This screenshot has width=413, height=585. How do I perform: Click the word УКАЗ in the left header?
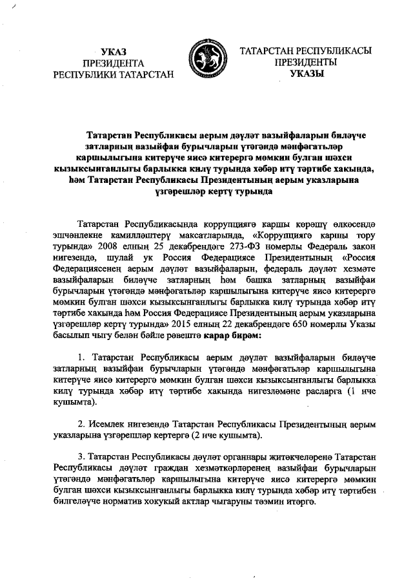pos(114,51)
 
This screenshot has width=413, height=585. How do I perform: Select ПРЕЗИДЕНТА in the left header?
pos(114,63)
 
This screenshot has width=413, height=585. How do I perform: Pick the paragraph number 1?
pos(81,357)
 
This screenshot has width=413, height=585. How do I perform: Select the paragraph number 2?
pos(81,424)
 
